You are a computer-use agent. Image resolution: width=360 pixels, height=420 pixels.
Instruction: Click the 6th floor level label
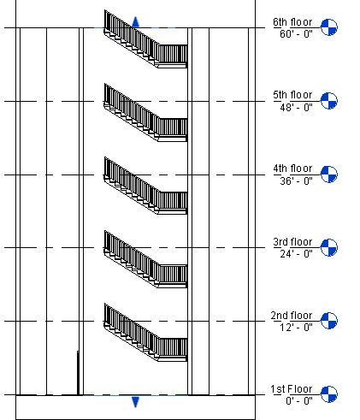pyautogui.click(x=292, y=22)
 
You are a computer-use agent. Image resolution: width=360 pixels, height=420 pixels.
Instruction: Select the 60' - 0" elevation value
pyautogui.click(x=296, y=34)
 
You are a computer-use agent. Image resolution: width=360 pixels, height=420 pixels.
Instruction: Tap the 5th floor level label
pyautogui.click(x=292, y=95)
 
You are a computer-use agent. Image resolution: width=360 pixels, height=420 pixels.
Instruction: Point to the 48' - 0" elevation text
pyautogui.click(x=296, y=108)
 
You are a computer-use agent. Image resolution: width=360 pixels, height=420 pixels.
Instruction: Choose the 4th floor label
pyautogui.click(x=292, y=169)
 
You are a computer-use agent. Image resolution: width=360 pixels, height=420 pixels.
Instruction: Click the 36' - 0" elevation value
pyautogui.click(x=296, y=180)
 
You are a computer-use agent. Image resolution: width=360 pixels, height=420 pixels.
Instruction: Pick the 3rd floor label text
pyautogui.click(x=292, y=242)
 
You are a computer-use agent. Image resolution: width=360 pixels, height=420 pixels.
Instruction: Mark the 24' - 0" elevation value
pyautogui.click(x=296, y=254)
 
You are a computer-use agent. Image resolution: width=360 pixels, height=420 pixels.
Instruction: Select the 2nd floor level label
pyautogui.click(x=292, y=316)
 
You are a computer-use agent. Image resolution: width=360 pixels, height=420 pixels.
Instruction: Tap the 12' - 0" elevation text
pyautogui.click(x=296, y=328)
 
